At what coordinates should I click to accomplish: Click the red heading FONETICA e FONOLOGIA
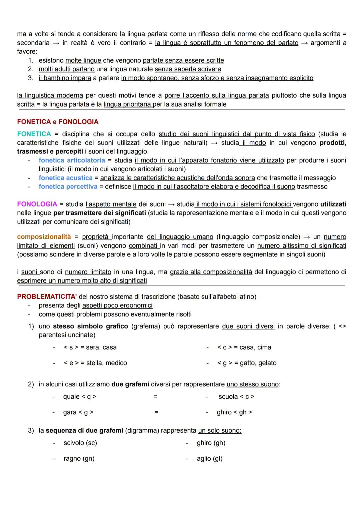point(58,122)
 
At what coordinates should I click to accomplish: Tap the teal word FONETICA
point(34,134)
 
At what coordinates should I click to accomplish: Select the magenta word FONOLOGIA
point(37,204)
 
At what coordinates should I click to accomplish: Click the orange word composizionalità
point(44,237)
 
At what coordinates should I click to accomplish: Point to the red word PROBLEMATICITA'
point(47,296)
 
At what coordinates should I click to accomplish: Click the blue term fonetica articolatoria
point(72,160)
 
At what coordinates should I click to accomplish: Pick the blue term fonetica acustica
point(65,178)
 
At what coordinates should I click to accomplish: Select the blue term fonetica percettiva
point(68,187)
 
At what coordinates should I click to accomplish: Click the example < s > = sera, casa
point(90,347)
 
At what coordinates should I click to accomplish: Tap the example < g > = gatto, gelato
point(247,363)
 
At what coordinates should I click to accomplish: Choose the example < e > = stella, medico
point(95,363)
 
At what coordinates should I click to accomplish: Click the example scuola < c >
point(236,397)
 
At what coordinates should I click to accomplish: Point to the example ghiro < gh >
point(234,412)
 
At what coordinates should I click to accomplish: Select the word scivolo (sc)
point(80,443)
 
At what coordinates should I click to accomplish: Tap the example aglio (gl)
point(210,459)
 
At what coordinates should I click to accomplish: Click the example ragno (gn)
point(79,459)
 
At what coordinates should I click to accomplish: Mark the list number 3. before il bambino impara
point(31,78)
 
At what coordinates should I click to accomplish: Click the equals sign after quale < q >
point(156,397)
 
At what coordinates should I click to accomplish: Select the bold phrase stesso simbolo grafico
point(90,326)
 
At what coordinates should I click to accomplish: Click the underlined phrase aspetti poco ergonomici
point(117,305)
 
